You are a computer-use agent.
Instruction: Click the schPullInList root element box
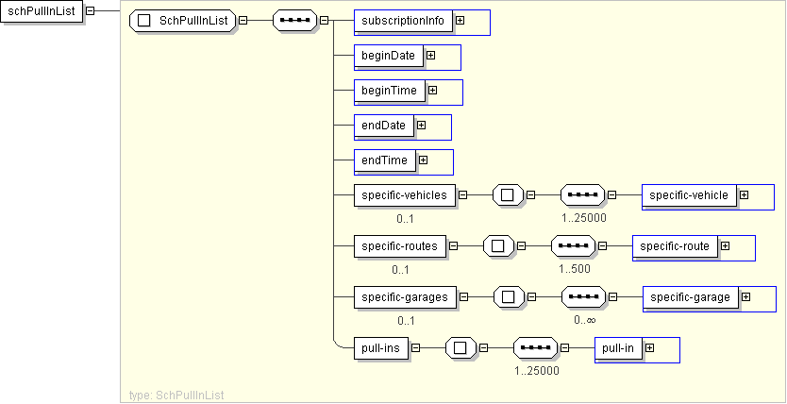(42, 11)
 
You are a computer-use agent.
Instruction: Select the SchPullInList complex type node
(182, 21)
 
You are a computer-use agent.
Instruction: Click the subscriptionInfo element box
(403, 21)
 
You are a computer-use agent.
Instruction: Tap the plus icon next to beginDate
(430, 56)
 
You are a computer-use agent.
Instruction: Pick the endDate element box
(384, 126)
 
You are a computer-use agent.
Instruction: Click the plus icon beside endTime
(423, 160)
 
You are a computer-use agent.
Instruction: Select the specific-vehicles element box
(405, 195)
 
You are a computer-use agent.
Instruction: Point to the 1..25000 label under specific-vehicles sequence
(584, 218)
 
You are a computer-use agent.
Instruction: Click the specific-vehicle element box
(689, 195)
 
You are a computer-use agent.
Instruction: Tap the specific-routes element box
(400, 246)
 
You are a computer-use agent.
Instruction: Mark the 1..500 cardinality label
(575, 268)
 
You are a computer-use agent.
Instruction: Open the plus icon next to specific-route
(725, 246)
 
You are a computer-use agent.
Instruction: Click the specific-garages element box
(405, 297)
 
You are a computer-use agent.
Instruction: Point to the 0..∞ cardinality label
(585, 320)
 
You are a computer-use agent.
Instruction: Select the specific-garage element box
(691, 297)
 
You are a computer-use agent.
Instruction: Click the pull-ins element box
(381, 348)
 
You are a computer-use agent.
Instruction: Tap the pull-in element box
(618, 348)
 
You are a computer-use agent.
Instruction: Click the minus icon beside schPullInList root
(91, 10)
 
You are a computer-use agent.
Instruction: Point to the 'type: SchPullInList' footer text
(176, 395)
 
